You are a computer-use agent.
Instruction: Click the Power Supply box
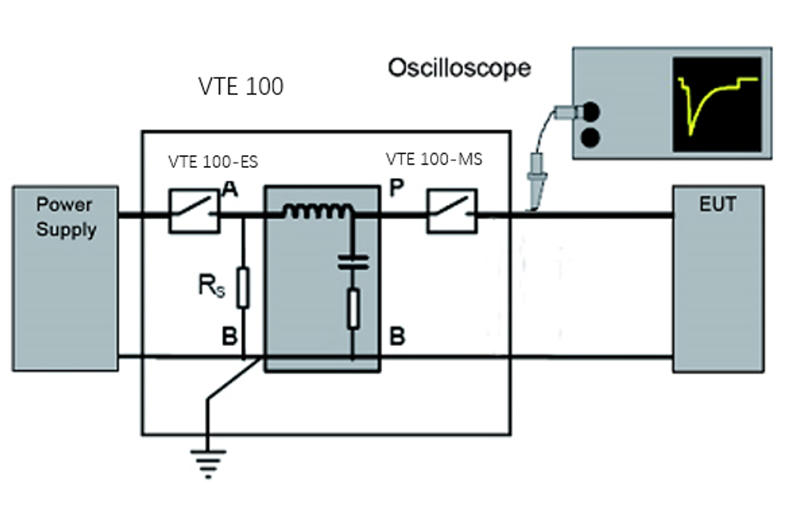pos(65,278)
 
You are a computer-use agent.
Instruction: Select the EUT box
pos(718,278)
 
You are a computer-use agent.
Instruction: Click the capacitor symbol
pos(353,262)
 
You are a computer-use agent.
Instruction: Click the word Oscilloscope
pos(459,67)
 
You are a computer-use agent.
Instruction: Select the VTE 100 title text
pos(241,86)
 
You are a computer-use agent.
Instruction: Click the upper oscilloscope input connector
pos(591,111)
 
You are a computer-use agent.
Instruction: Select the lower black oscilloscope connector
pos(591,136)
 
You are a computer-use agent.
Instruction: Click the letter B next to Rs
pos(229,338)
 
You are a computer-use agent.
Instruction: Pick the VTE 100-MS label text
pos(434,159)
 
